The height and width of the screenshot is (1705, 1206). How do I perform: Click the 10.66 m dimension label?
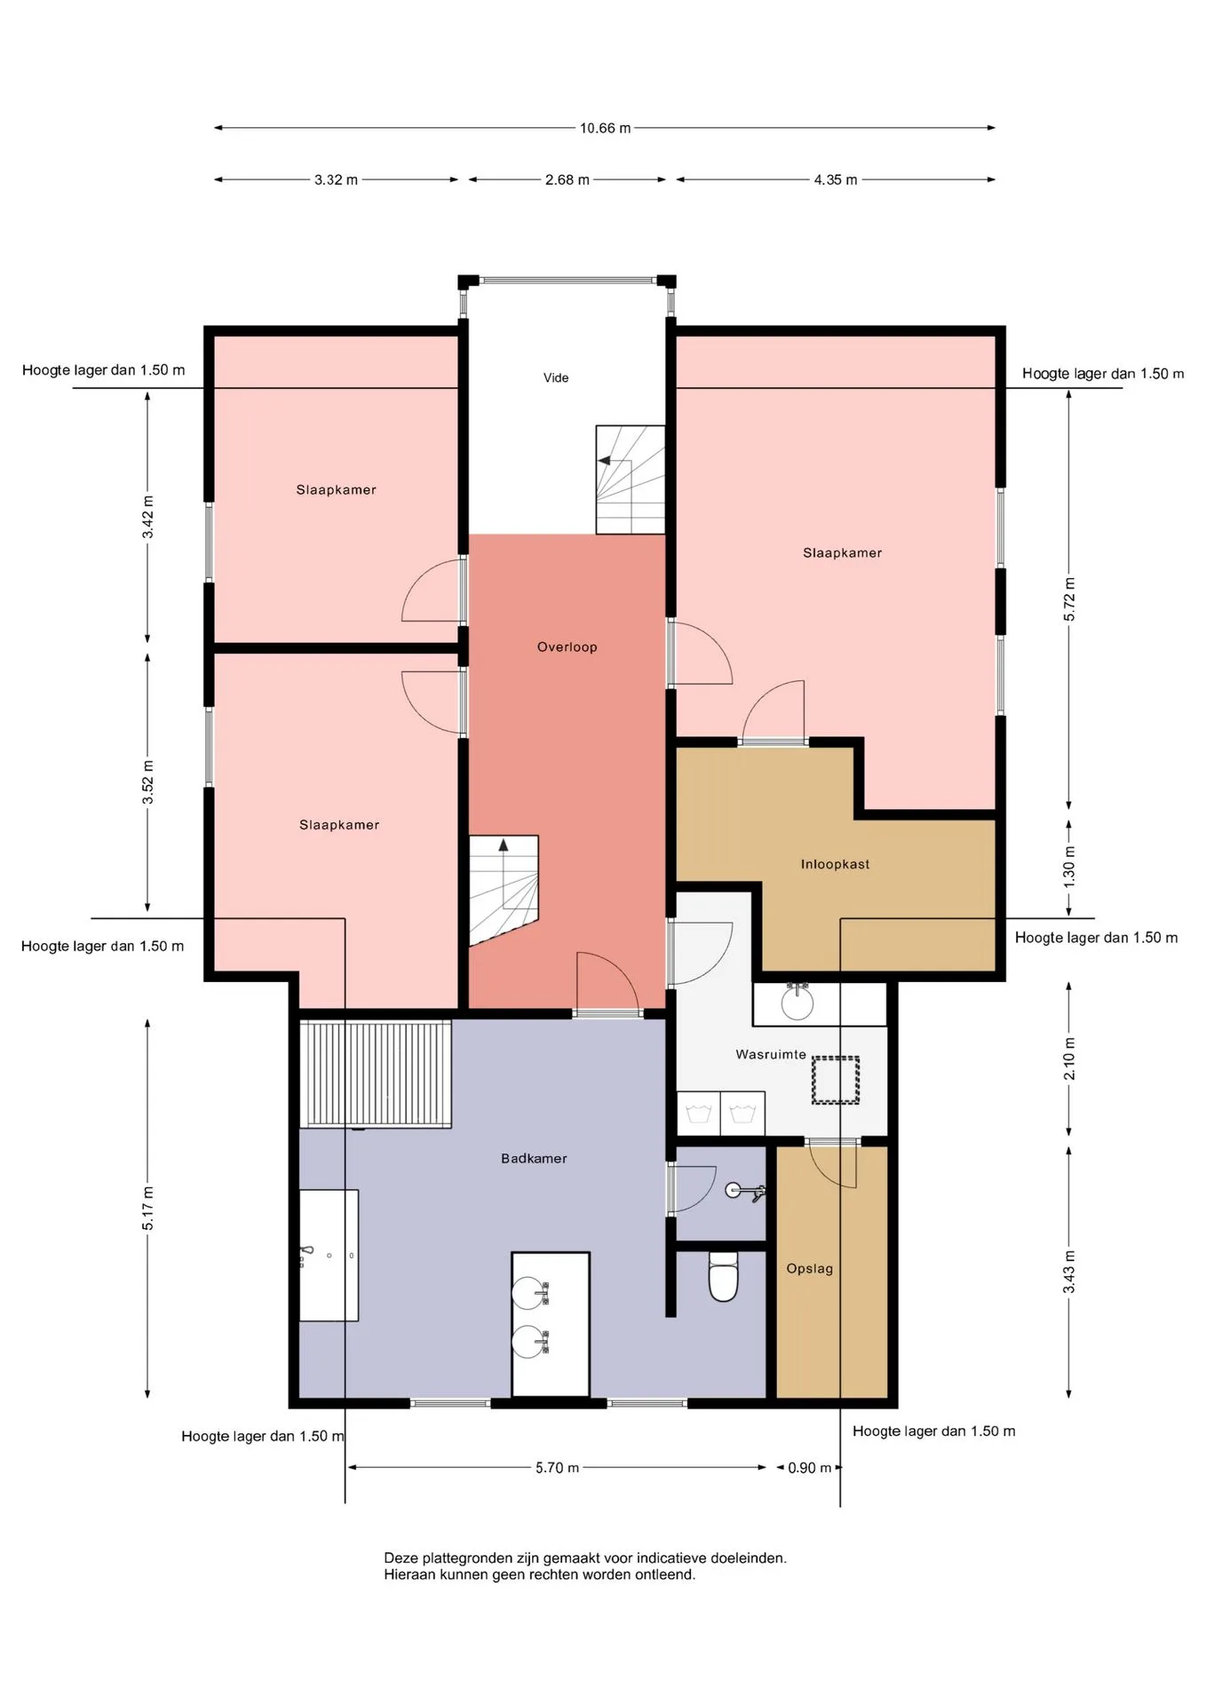tap(605, 128)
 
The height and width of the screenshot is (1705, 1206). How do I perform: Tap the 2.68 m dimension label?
tap(567, 179)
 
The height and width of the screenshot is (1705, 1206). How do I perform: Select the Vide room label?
tap(556, 377)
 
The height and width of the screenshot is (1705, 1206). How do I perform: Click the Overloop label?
tap(567, 646)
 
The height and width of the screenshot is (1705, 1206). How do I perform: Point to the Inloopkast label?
tap(835, 864)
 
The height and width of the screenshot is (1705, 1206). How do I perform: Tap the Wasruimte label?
tap(771, 1054)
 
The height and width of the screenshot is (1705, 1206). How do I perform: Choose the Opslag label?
tap(810, 1268)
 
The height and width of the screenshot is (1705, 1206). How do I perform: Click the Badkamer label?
tap(534, 1158)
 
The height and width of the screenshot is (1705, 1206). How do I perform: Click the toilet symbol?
tap(724, 1277)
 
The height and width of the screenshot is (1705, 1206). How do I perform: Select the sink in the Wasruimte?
tap(797, 1002)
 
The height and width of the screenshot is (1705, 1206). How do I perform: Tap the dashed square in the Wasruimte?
tap(836, 1080)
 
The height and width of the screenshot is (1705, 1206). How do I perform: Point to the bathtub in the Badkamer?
tap(329, 1255)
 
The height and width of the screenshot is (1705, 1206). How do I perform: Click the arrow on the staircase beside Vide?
tap(604, 461)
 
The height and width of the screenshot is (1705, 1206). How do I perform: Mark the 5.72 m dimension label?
tap(1069, 600)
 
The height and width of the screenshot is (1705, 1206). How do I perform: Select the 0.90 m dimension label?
tap(810, 1468)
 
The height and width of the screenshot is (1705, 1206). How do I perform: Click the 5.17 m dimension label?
tap(148, 1209)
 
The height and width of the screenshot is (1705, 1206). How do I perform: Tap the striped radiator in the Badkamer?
tap(376, 1075)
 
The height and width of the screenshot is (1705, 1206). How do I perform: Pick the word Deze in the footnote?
tap(401, 1558)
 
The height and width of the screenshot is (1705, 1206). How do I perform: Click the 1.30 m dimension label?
tap(1069, 867)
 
